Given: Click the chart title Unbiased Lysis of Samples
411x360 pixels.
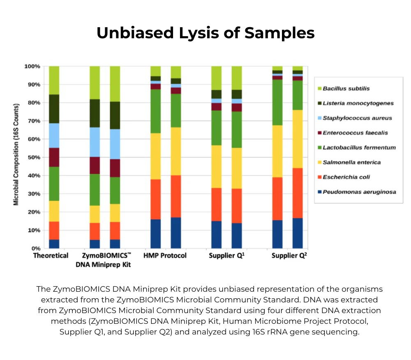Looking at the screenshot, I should point(205,33).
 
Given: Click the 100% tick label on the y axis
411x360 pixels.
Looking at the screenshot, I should point(32,66).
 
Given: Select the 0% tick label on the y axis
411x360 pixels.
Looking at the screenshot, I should point(36,249).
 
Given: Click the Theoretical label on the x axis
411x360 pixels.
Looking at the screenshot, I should point(51,255).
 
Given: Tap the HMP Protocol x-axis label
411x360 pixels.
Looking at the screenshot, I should point(165,255).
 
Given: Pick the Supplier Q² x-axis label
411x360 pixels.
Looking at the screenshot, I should point(289,255).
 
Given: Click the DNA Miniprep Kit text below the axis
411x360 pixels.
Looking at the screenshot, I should point(103,265).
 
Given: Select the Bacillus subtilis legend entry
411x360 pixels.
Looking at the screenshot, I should point(346,88).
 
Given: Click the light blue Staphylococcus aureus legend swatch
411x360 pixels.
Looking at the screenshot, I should point(318,118).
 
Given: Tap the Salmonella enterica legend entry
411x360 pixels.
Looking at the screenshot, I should point(351,162).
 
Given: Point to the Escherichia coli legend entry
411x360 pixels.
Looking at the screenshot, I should point(346,177).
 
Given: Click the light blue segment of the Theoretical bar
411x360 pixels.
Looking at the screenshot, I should point(54,135).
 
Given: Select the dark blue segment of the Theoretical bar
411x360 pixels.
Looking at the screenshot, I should point(54,244).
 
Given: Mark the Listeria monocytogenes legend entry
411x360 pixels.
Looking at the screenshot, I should point(358,103).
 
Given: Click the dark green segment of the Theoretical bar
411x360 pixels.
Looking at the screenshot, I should point(54,109).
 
